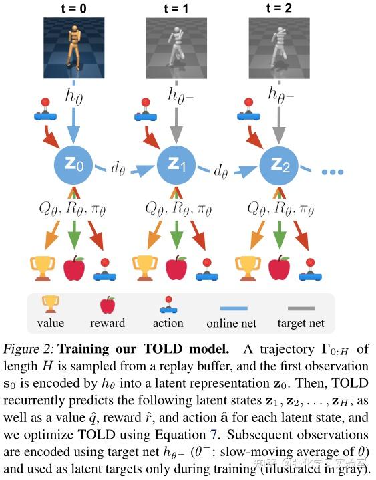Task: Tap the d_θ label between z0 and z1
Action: (x=118, y=170)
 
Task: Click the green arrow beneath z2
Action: (x=279, y=237)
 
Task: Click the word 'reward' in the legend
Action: (x=108, y=323)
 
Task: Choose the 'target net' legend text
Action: (x=301, y=323)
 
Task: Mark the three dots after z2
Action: (x=332, y=172)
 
